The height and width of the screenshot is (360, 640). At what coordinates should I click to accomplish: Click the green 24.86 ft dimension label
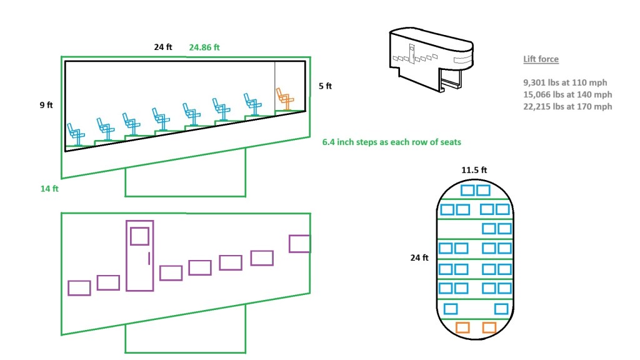click(x=204, y=47)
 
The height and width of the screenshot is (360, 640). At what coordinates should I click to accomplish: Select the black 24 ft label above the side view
click(x=163, y=47)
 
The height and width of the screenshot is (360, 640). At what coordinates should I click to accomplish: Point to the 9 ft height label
click(x=46, y=105)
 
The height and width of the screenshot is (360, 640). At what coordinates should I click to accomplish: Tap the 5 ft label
click(x=325, y=86)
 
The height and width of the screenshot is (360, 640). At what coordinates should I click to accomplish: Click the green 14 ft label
click(x=49, y=189)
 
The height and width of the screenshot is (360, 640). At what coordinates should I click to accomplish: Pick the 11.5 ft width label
click(x=474, y=170)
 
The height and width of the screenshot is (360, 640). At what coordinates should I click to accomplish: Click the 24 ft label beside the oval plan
click(x=419, y=257)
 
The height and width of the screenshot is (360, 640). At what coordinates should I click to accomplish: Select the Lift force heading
click(x=541, y=59)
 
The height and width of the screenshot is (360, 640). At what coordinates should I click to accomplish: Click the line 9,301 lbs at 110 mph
click(x=565, y=82)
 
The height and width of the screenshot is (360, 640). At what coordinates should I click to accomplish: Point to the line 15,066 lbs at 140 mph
click(x=567, y=94)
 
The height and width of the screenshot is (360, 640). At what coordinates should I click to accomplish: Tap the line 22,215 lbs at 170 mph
click(x=567, y=106)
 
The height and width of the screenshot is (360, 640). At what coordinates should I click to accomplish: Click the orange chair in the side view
click(x=285, y=99)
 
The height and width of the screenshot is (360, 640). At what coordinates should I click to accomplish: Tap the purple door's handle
click(x=149, y=258)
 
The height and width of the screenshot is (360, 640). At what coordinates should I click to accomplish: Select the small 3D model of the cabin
click(x=431, y=59)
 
